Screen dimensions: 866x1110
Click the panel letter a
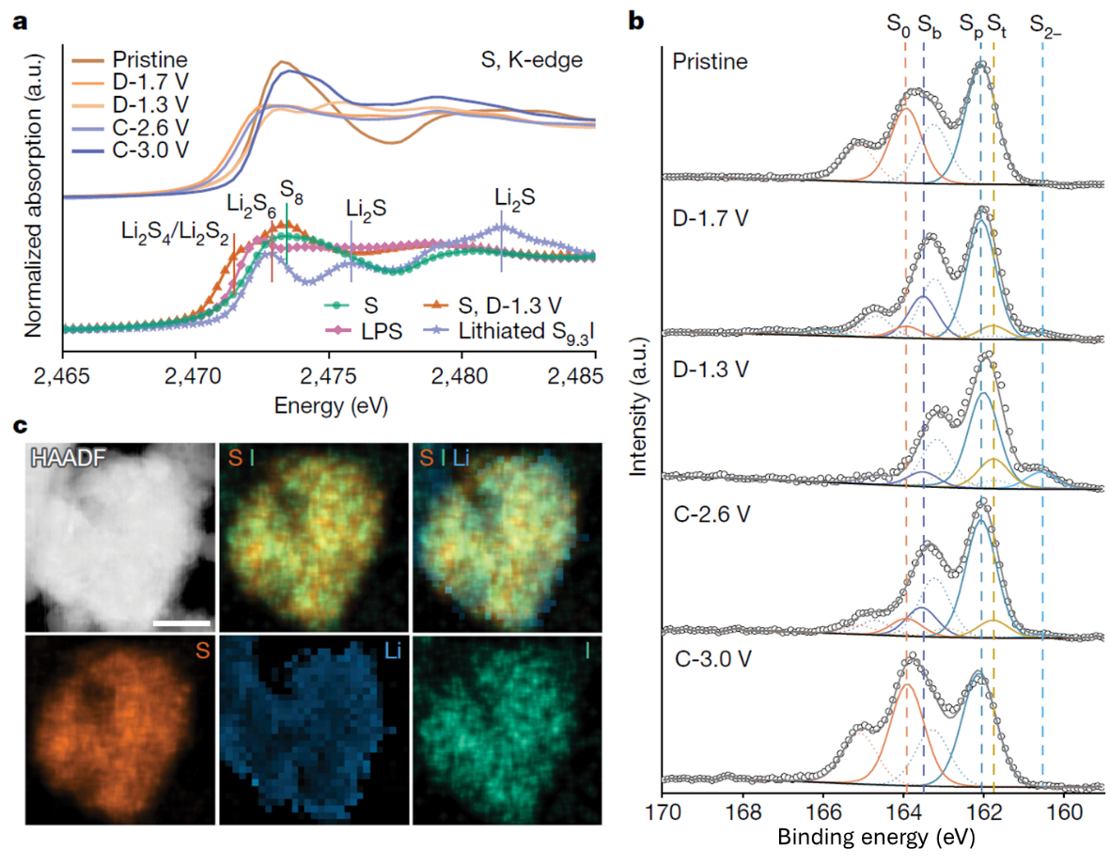[18, 21]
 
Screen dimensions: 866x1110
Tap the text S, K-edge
[525, 61]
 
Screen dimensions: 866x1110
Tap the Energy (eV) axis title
[331, 406]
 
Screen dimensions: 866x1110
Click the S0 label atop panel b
[899, 25]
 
